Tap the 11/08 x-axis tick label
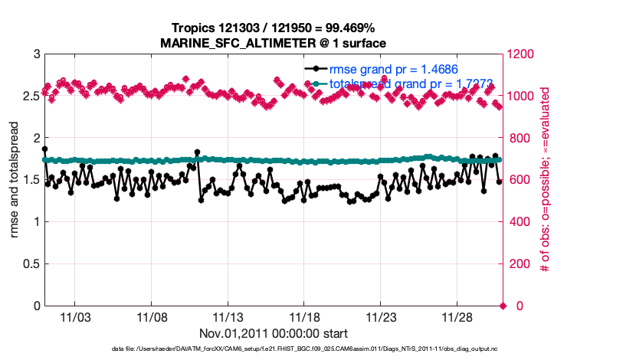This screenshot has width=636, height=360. (x=152, y=316)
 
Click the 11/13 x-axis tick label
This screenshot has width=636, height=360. (x=228, y=316)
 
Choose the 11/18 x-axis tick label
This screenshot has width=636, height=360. (x=304, y=316)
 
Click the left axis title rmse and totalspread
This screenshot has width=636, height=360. (x=15, y=180)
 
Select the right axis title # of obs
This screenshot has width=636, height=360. (x=545, y=180)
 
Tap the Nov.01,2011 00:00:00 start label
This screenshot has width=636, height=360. (x=274, y=333)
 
